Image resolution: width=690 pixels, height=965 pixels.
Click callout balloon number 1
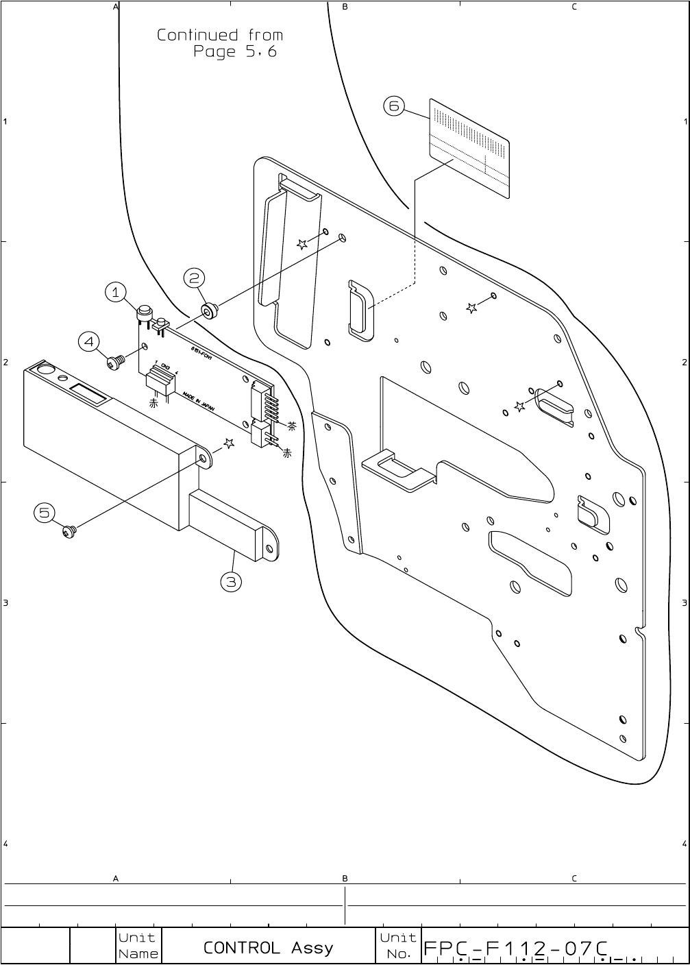coord(115,292)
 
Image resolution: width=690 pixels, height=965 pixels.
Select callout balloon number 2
coord(195,278)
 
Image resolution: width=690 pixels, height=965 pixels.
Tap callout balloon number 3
coord(231,582)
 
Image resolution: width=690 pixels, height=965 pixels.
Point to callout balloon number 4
coord(89,341)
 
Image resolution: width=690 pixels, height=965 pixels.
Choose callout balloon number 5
coord(45,512)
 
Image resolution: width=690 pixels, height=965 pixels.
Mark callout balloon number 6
coord(393,106)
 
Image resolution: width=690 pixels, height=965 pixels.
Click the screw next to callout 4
coord(116,362)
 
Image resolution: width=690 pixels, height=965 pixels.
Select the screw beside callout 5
coord(69,530)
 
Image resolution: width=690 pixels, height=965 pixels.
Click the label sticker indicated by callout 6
coord(469,148)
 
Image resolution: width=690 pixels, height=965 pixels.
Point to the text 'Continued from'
coord(219,35)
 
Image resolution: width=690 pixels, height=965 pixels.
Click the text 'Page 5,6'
coord(234,52)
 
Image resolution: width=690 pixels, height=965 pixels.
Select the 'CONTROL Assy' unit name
coord(268,948)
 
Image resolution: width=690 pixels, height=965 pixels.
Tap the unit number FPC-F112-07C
coord(516,948)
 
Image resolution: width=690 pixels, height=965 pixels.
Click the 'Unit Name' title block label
coord(138,946)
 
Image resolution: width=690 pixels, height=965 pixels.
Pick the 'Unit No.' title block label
coord(398,946)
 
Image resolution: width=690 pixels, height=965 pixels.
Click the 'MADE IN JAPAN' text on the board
coord(199,402)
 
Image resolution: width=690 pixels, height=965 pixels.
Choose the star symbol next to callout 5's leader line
coord(229,443)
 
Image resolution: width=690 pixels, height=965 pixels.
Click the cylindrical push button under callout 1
coord(145,313)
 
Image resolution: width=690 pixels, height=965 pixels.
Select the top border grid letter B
coord(345,7)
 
